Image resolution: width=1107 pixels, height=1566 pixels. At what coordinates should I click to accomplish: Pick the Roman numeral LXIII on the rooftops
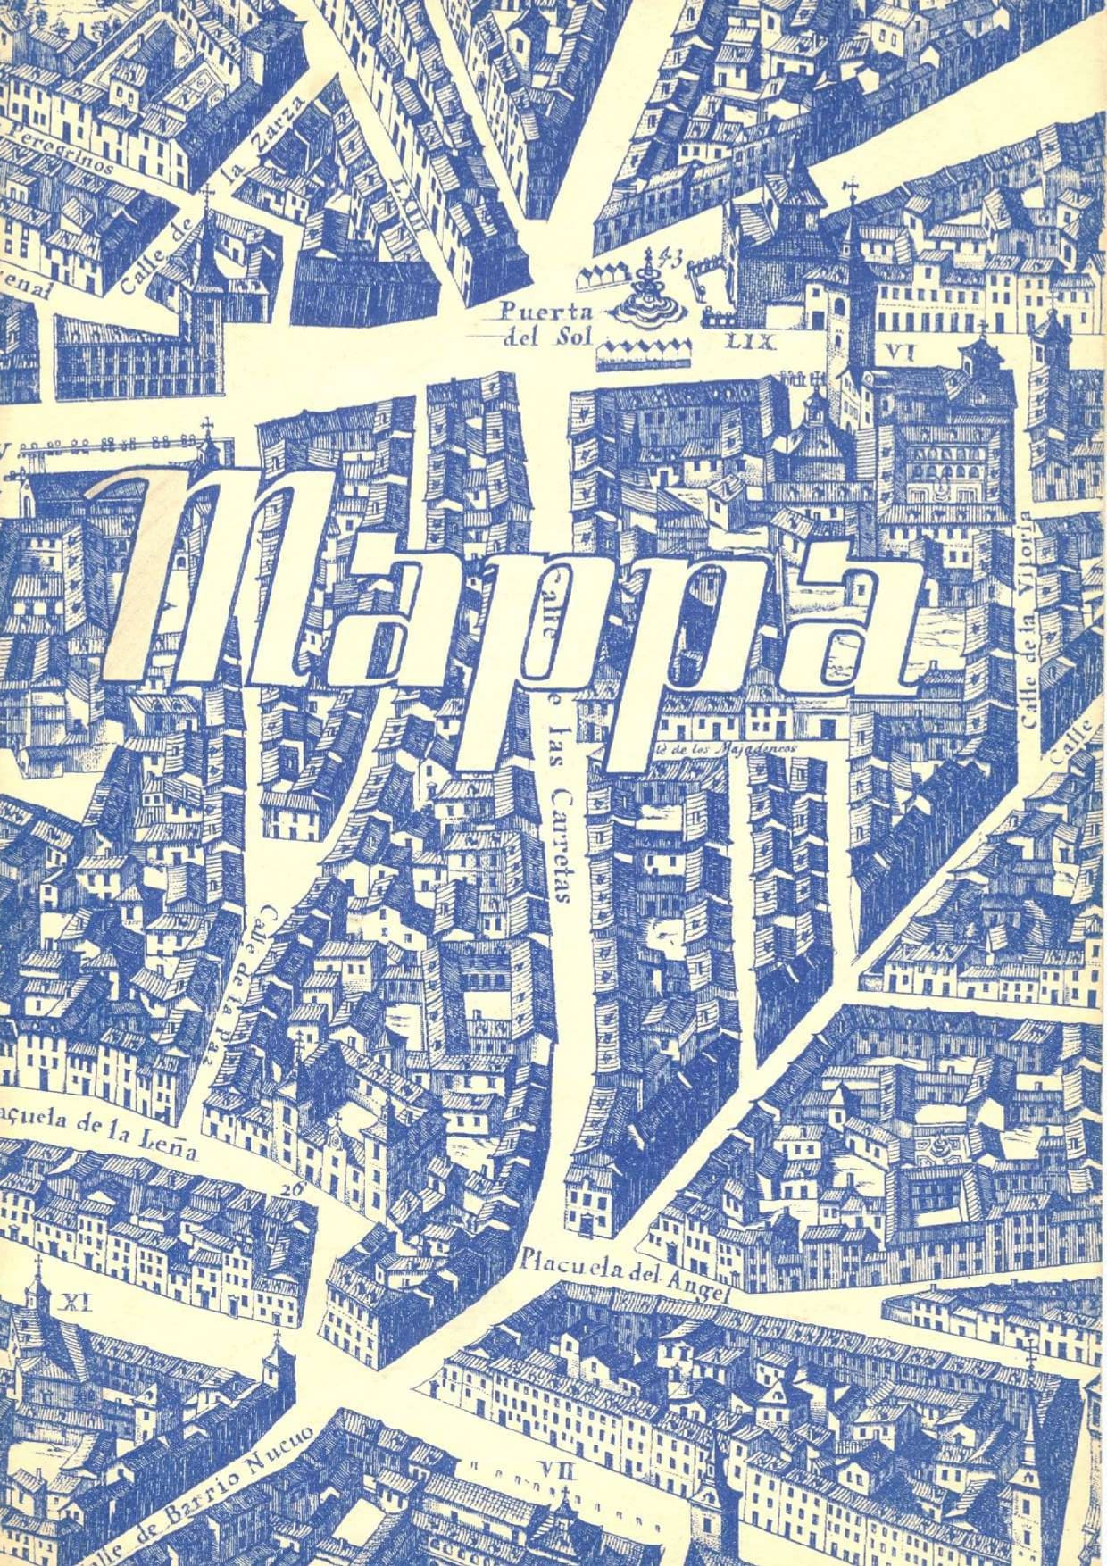tap(409, 204)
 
